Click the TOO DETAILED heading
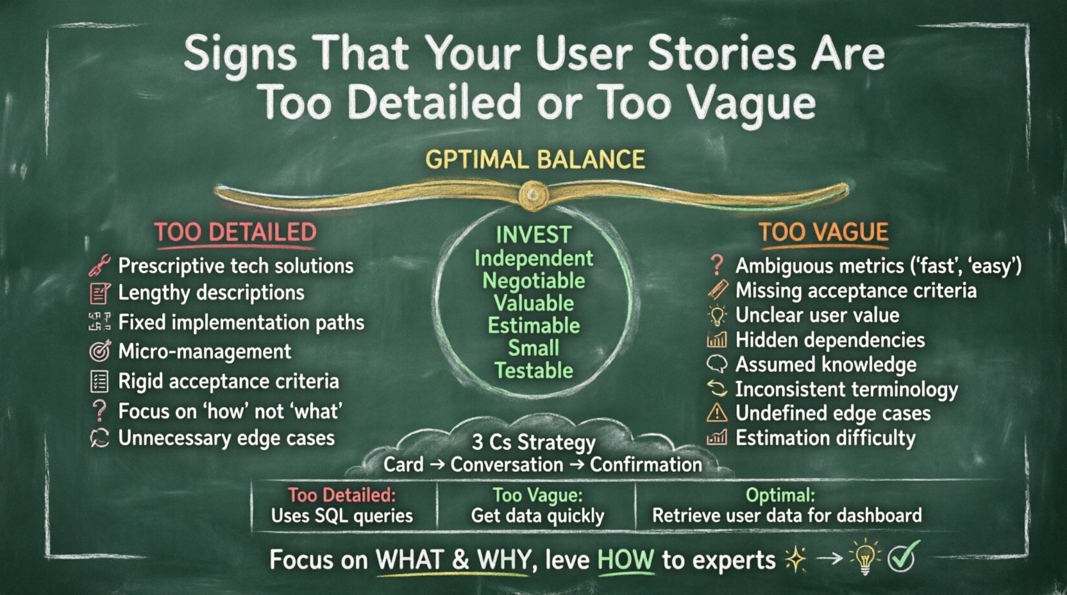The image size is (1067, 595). click(x=235, y=232)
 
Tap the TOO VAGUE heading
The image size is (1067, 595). click(x=823, y=232)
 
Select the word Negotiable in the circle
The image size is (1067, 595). click(x=533, y=281)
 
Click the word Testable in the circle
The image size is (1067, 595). click(x=533, y=371)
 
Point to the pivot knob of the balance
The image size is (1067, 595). click(x=532, y=193)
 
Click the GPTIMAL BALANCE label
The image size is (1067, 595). click(x=535, y=160)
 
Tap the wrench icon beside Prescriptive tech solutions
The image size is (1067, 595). click(x=99, y=265)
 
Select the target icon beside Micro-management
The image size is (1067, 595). click(x=99, y=351)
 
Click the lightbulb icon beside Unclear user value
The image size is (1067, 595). click(x=717, y=315)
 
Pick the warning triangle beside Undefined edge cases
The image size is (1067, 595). click(x=717, y=413)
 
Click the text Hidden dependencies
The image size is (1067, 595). click(x=830, y=340)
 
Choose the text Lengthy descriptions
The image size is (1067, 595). click(x=211, y=293)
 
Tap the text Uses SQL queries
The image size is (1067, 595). click(x=342, y=515)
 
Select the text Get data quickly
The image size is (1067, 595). click(x=537, y=515)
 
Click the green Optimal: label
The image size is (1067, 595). click(x=780, y=495)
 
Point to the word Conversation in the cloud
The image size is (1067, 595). click(x=507, y=465)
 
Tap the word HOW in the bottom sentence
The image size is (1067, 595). click(x=625, y=560)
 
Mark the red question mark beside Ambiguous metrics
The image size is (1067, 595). click(x=716, y=265)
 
